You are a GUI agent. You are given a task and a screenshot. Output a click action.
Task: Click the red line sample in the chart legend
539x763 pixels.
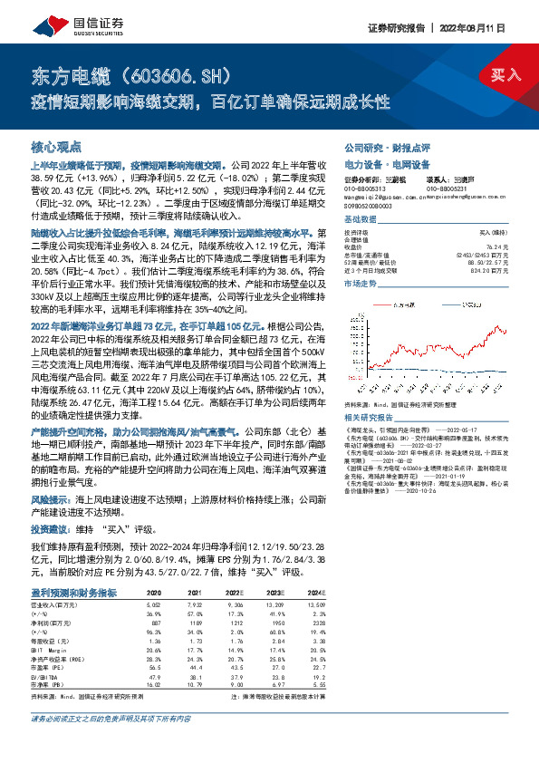[x=395, y=305]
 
